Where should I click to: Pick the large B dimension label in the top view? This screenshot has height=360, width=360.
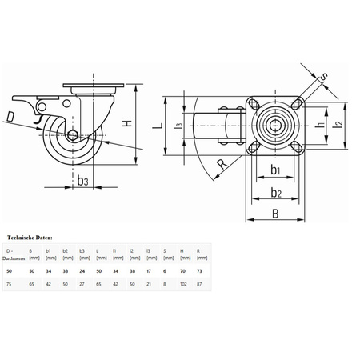click(275, 212)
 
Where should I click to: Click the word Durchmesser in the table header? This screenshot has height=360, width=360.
click(15, 258)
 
